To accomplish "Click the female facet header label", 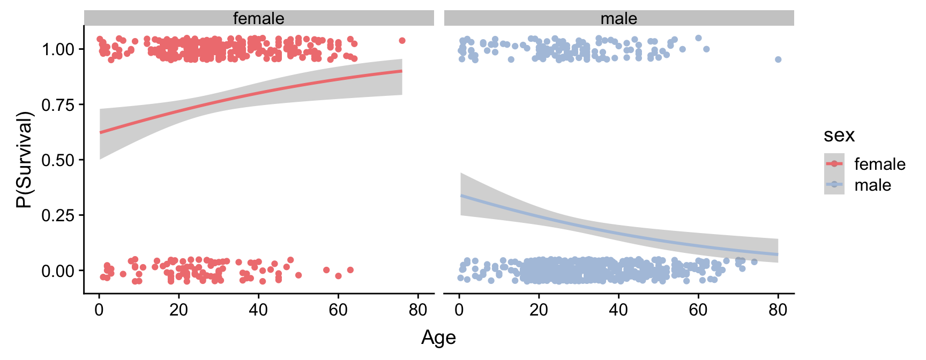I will (x=258, y=18).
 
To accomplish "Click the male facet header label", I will (x=618, y=18).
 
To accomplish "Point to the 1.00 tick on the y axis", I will (x=58, y=49).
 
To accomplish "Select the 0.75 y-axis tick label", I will (x=58, y=104).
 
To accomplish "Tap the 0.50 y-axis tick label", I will (x=58, y=160).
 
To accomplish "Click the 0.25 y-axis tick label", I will (x=58, y=215).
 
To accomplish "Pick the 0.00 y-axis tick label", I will (x=58, y=271).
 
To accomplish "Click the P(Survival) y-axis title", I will (x=25, y=160).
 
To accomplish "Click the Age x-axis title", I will (x=438, y=337).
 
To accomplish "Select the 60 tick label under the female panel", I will (x=338, y=310).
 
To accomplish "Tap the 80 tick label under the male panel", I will (x=778, y=310).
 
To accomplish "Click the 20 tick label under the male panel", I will (x=539, y=310).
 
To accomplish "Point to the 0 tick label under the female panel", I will (x=99, y=310).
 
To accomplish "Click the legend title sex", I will (x=839, y=135).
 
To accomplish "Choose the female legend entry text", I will (x=879, y=164).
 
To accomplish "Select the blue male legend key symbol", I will (x=834, y=184).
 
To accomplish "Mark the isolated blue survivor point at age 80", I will (x=778, y=59).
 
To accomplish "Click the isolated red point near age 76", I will (x=402, y=41).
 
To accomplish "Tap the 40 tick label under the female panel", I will (x=258, y=310).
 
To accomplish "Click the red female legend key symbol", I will (x=834, y=163).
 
